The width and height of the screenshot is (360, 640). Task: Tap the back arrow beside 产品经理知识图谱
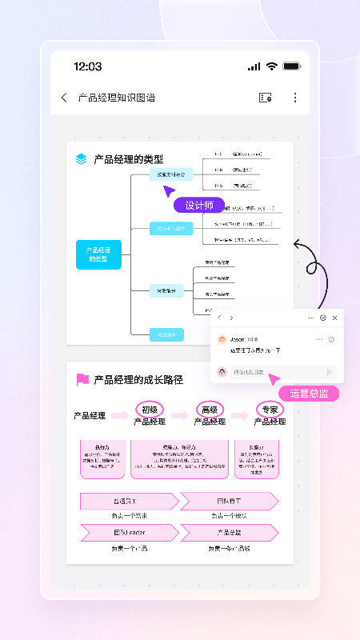(x=64, y=98)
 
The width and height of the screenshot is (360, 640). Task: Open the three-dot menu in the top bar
(x=294, y=98)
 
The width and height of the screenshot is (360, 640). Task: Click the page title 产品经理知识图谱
(x=117, y=98)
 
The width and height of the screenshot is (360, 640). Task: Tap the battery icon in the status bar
(x=291, y=66)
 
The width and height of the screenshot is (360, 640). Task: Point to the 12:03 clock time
(x=87, y=66)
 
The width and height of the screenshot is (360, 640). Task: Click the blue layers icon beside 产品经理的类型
(x=82, y=159)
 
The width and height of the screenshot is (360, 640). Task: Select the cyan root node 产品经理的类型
(x=98, y=254)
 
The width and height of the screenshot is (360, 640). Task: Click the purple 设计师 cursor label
(x=199, y=206)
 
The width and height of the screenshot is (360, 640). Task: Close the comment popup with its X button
(x=334, y=318)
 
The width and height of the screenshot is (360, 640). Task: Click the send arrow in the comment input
(x=330, y=372)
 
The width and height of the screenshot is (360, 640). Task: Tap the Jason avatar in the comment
(x=222, y=339)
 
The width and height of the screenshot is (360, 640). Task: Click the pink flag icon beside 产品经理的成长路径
(x=82, y=379)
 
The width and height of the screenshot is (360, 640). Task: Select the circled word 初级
(x=149, y=410)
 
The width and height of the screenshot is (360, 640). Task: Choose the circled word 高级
(x=210, y=410)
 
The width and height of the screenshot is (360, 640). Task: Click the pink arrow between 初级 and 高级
(x=179, y=416)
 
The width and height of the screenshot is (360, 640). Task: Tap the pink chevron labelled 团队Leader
(x=129, y=532)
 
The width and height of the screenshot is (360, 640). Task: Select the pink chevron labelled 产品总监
(x=229, y=532)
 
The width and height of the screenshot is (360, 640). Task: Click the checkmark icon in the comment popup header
(x=322, y=318)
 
